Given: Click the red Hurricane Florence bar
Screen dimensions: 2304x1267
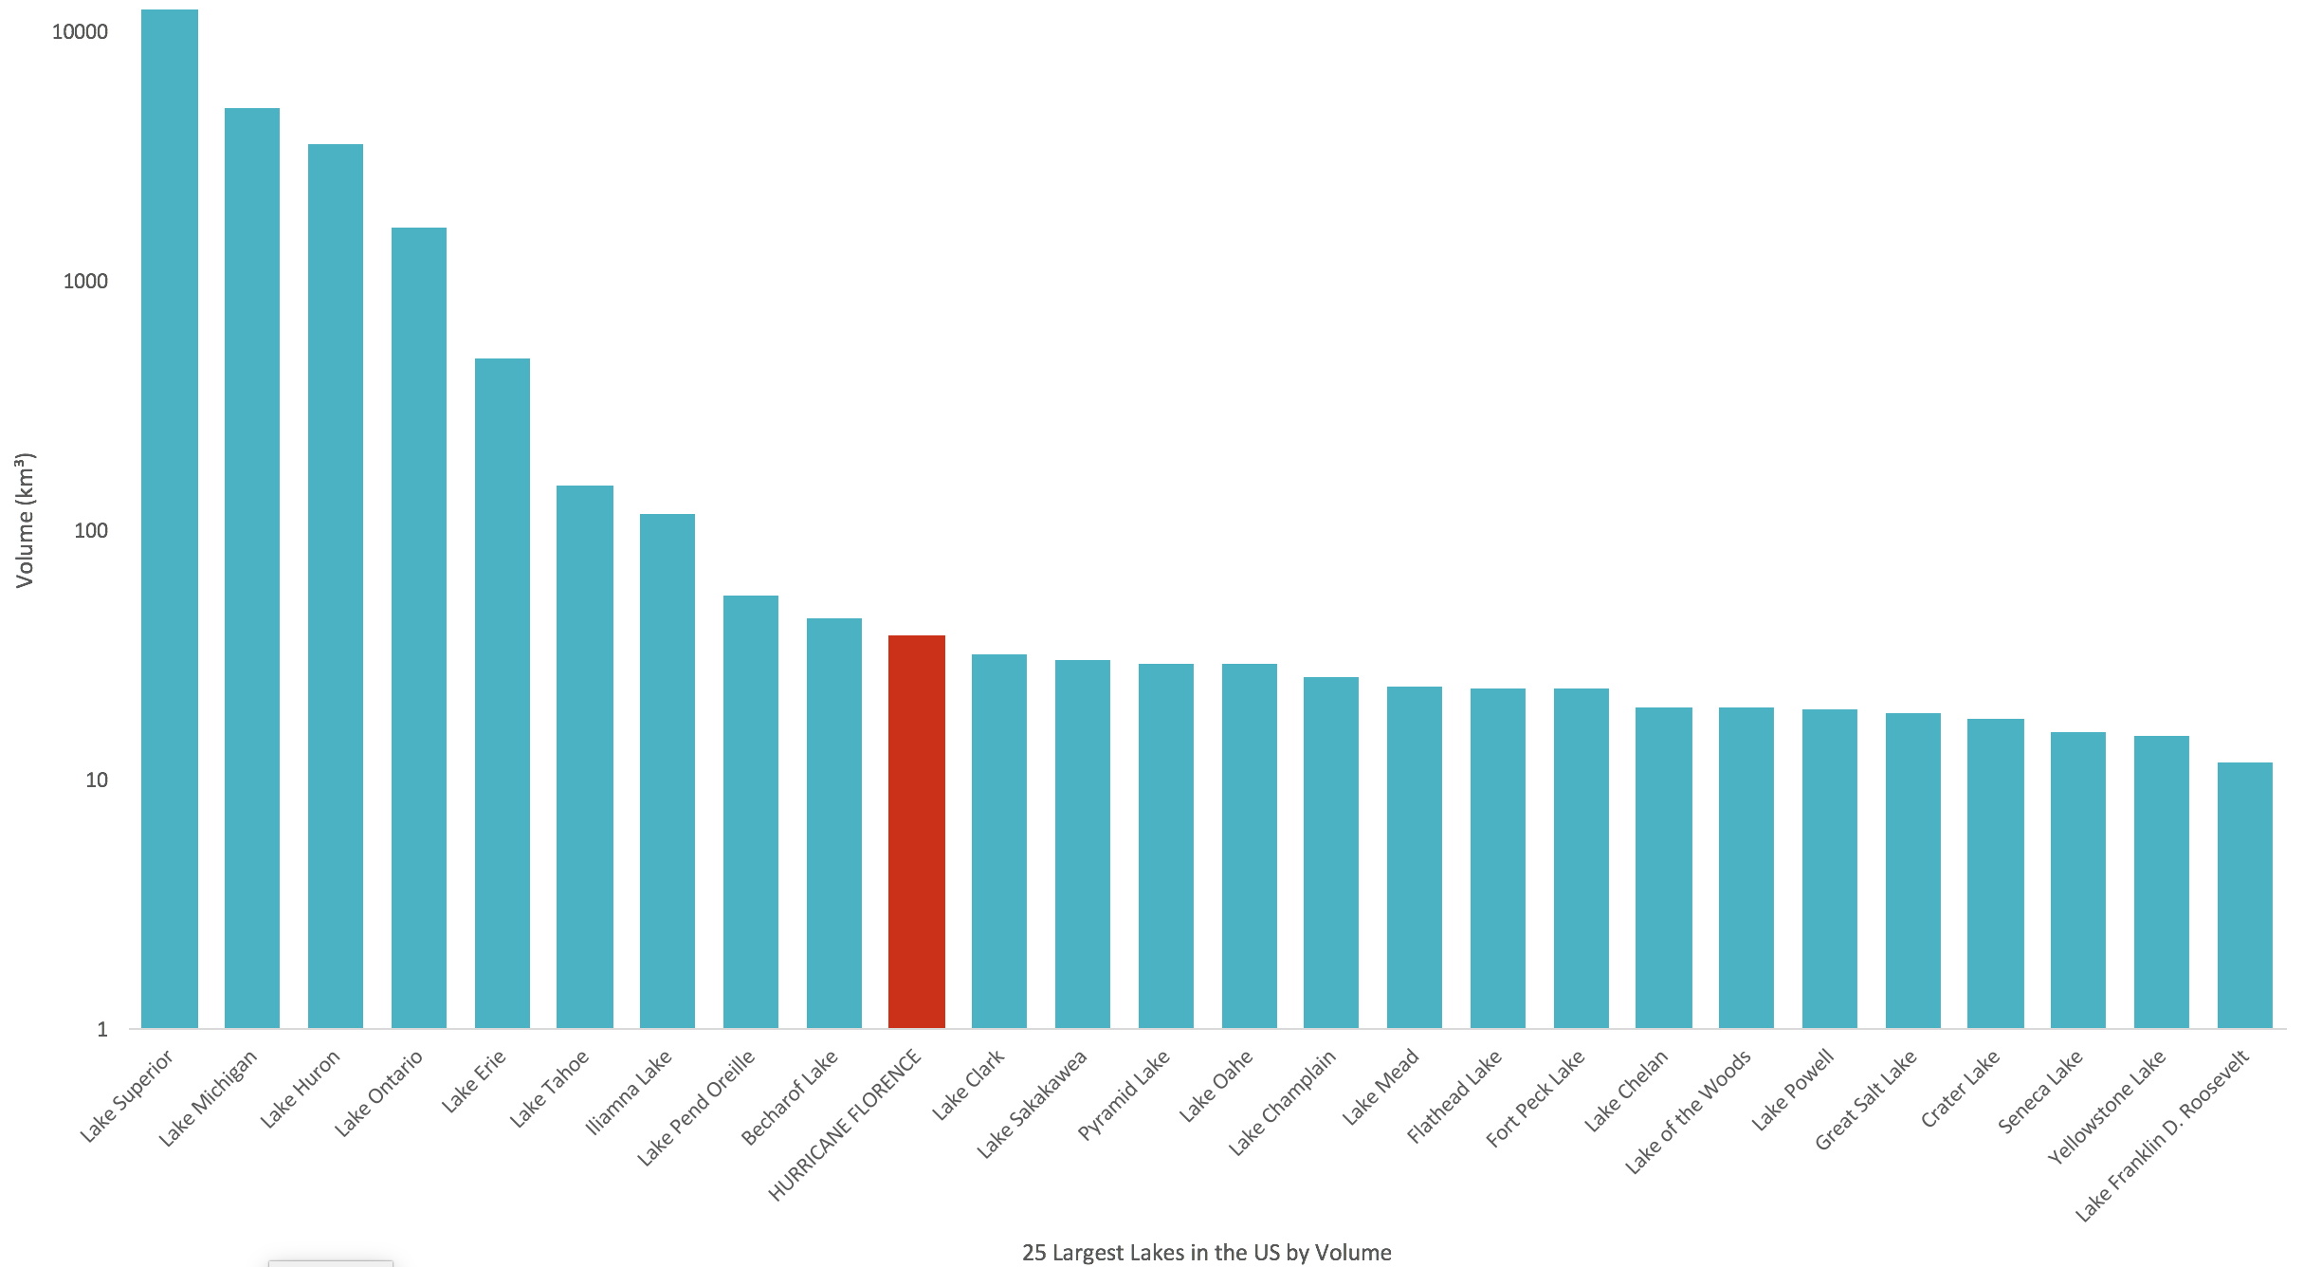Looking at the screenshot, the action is (x=917, y=832).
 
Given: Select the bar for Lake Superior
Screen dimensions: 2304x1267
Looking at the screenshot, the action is (x=170, y=519).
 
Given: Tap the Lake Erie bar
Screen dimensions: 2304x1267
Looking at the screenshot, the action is (x=503, y=693).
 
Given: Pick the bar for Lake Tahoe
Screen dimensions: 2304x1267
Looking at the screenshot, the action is (x=585, y=757).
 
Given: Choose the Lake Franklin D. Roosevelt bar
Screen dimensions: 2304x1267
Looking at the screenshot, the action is (x=2245, y=895).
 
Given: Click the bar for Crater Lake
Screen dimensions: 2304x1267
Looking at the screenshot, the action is (x=1996, y=873).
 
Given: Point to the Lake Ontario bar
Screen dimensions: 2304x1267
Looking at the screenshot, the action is (x=419, y=628).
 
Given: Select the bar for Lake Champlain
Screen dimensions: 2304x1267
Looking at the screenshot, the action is (x=1331, y=853).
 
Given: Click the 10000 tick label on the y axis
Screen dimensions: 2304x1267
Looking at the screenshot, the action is (x=80, y=32).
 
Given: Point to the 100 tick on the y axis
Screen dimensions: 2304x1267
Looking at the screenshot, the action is (x=91, y=531).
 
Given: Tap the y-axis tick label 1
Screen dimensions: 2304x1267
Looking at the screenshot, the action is (x=102, y=1030).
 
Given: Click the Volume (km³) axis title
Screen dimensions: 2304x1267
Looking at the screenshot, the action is (x=25, y=521).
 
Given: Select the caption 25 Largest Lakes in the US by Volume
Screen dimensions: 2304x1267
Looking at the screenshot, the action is (x=1207, y=1253).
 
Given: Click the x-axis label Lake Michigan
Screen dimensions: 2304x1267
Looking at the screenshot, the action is (x=208, y=1098).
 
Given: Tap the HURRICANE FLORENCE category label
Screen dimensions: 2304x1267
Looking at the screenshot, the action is (x=845, y=1125).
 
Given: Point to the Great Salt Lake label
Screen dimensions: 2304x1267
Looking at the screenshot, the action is (x=1866, y=1099).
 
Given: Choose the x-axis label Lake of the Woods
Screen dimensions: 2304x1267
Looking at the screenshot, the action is (x=1689, y=1111).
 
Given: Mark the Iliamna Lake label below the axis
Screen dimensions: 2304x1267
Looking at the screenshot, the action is (x=629, y=1092).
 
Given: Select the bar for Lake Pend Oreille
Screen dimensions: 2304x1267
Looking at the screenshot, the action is (x=751, y=812).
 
